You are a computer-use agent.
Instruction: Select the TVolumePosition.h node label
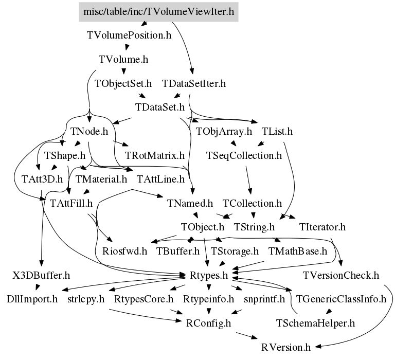pyautogui.click(x=129, y=35)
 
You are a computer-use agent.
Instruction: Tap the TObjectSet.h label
pyautogui.click(x=123, y=83)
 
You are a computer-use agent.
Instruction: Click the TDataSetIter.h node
pyautogui.click(x=194, y=83)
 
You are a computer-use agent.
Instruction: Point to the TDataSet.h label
pyautogui.click(x=159, y=107)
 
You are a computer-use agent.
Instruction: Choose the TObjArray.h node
pyautogui.click(x=224, y=131)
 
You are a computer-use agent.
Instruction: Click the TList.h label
pyautogui.click(x=277, y=131)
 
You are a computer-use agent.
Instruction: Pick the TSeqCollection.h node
pyautogui.click(x=244, y=155)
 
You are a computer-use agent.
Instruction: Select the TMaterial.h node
pyautogui.click(x=101, y=179)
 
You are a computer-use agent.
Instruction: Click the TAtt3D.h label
pyautogui.click(x=42, y=179)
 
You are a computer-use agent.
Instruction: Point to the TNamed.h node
pyautogui.click(x=189, y=203)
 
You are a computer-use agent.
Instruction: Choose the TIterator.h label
pyautogui.click(x=321, y=227)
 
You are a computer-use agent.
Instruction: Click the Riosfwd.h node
pyautogui.click(x=124, y=251)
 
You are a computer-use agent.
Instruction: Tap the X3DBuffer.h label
pyautogui.click(x=41, y=275)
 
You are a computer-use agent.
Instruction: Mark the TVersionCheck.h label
pyautogui.click(x=341, y=275)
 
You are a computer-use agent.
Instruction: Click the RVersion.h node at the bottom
pyautogui.click(x=285, y=347)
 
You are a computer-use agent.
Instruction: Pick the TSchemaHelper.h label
pyautogui.click(x=315, y=323)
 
